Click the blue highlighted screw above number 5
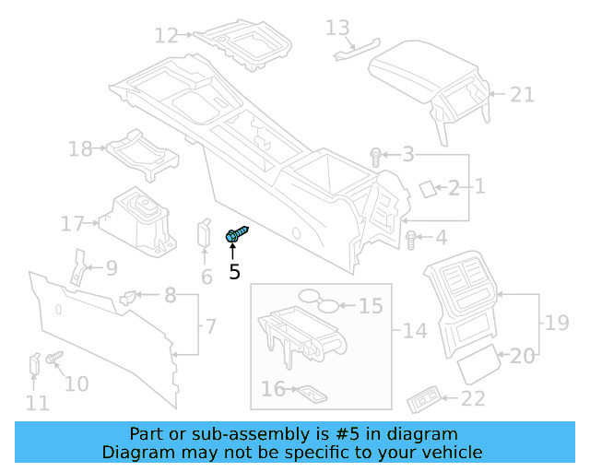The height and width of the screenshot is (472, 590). click(x=236, y=236)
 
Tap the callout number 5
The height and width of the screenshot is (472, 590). click(x=234, y=272)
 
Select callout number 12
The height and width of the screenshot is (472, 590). click(x=166, y=36)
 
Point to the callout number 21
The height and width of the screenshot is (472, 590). click(x=523, y=94)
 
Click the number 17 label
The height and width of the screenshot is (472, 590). click(x=73, y=223)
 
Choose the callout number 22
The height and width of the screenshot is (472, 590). click(x=473, y=398)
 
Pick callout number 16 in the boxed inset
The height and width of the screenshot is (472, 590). click(x=273, y=390)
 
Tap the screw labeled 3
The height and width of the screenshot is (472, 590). click(x=376, y=156)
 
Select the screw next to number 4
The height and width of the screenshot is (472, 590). click(x=411, y=240)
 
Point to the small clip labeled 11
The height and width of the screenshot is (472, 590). click(x=34, y=364)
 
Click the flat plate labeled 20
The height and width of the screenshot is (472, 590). click(x=480, y=367)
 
